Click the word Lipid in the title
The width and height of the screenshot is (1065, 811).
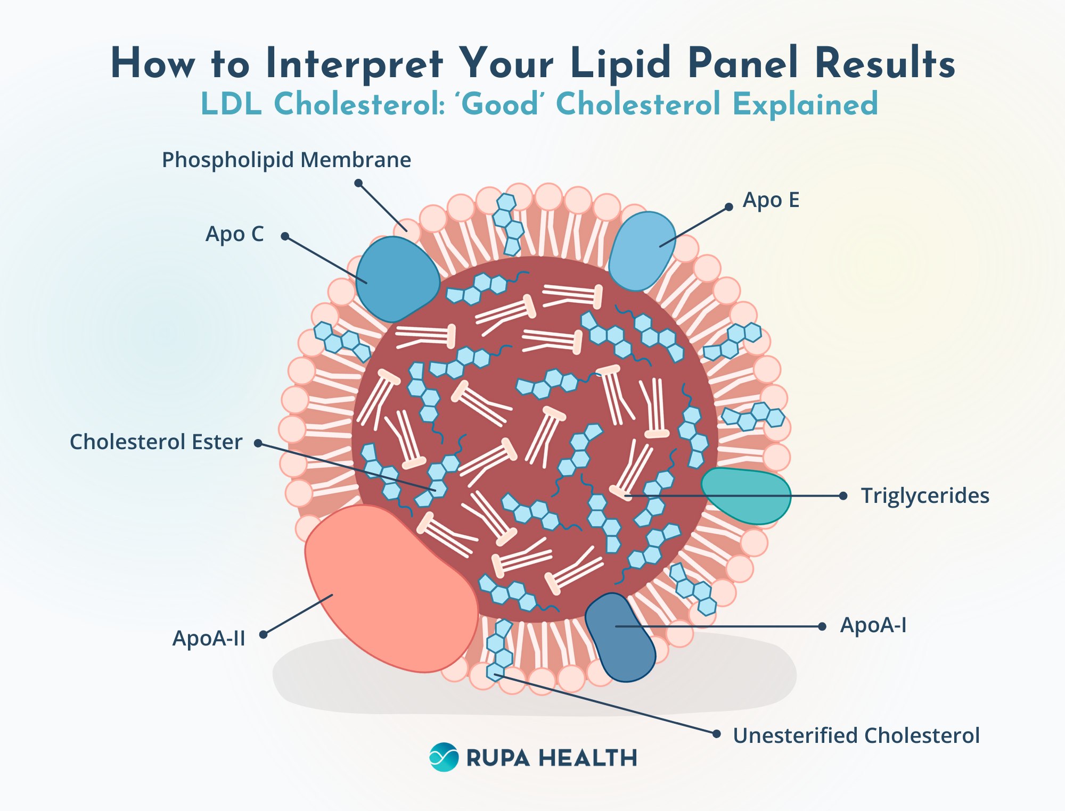[x=620, y=64]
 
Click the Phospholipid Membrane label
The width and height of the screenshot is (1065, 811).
[x=286, y=160]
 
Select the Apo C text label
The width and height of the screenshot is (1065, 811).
[x=235, y=234]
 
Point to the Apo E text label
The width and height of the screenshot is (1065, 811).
[x=771, y=200]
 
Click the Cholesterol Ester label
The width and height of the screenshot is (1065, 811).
[x=156, y=442]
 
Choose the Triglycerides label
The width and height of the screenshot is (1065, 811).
[x=925, y=496]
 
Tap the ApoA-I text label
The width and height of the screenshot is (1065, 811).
[x=873, y=625]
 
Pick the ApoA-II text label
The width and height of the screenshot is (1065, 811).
[x=209, y=638]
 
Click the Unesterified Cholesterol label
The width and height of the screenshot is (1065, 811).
[x=856, y=736]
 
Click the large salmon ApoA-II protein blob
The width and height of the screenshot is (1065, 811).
[x=389, y=585]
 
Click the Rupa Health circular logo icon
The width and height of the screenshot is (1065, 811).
[x=444, y=757]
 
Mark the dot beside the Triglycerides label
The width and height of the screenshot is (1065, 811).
[x=843, y=496]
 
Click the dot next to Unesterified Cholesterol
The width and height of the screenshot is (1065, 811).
[x=717, y=734]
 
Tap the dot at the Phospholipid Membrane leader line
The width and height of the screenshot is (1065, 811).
[x=358, y=183]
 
